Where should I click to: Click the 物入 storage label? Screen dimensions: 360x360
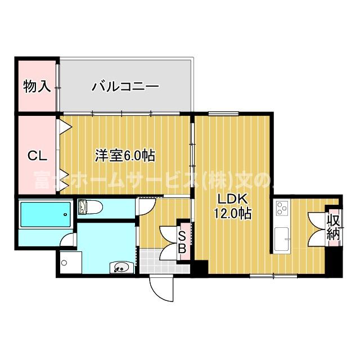click(x=37, y=87)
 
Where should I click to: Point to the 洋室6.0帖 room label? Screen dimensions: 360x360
click(x=125, y=155)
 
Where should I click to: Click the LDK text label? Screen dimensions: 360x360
click(x=232, y=200)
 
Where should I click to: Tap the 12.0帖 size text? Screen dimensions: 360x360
click(x=232, y=214)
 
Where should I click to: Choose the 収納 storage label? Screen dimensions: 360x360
click(x=334, y=227)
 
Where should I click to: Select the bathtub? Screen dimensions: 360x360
click(x=44, y=214)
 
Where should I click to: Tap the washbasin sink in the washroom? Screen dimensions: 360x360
click(x=120, y=267)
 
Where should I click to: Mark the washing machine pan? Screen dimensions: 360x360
click(x=70, y=262)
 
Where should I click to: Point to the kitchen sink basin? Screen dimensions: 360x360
click(x=281, y=238)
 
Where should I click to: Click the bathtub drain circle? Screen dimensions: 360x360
click(x=66, y=214)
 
